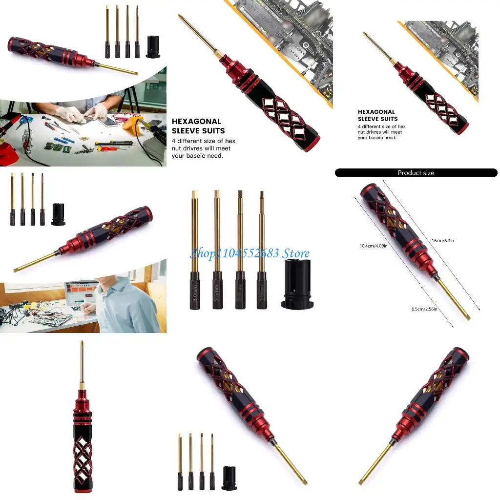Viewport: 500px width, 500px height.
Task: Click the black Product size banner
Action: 416,173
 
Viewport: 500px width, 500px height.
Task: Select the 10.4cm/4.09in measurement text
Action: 374,246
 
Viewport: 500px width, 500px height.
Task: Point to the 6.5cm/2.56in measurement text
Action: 424,309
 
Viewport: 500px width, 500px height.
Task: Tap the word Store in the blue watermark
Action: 296,253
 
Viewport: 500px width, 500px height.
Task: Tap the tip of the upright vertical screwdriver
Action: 82,343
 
